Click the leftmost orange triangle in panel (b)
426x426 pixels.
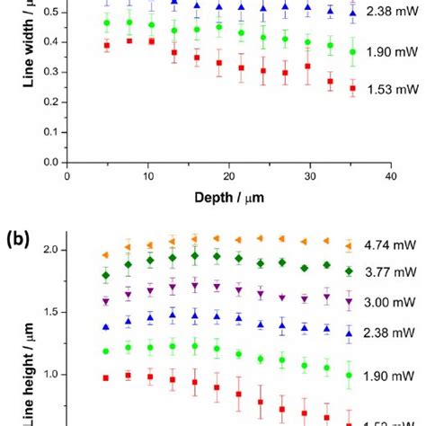(x=107, y=255)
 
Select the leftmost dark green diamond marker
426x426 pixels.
(x=107, y=275)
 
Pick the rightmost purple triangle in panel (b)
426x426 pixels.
(x=350, y=303)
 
